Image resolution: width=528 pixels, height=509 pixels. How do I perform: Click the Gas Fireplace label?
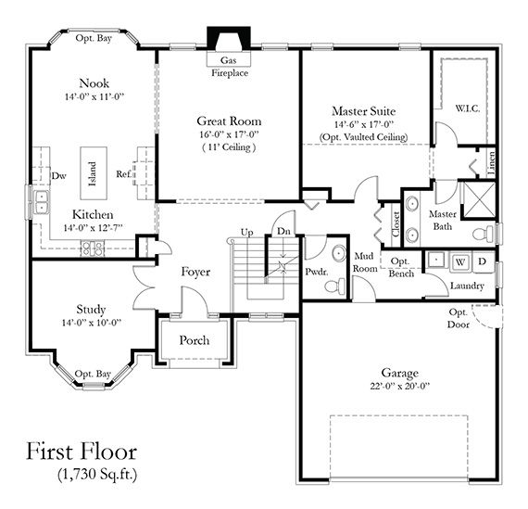tap(229, 67)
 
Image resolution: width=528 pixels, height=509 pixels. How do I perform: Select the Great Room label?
tap(229, 121)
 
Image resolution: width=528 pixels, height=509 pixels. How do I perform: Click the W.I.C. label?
tap(466, 107)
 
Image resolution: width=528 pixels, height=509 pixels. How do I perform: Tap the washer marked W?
tap(461, 261)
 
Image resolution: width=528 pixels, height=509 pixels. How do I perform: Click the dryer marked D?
tap(482, 261)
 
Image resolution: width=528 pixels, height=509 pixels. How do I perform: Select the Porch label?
tap(194, 340)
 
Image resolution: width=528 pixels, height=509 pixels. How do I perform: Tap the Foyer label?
tap(195, 273)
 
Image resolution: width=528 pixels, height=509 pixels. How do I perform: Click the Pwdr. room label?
tap(316, 274)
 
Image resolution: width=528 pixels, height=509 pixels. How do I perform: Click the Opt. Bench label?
tap(400, 268)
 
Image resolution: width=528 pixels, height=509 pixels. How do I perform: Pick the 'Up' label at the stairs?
tap(247, 231)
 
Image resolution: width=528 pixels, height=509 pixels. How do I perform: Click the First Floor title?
tap(82, 453)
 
